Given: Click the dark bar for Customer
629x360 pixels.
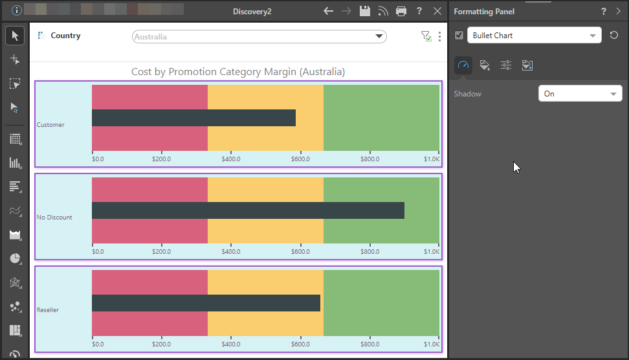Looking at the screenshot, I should [193, 118].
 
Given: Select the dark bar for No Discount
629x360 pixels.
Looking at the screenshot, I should [248, 210].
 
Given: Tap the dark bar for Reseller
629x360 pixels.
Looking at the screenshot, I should [206, 303].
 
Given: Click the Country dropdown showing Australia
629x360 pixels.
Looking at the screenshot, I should [259, 37].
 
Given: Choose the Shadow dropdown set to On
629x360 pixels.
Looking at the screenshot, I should [580, 94].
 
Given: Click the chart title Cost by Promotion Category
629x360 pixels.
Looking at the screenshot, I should [238, 72].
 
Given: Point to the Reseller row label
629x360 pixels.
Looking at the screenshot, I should [48, 310].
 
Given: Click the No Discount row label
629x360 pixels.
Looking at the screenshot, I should [54, 218].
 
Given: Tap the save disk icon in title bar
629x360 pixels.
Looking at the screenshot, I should [365, 11].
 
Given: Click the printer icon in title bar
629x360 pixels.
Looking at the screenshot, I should [401, 11].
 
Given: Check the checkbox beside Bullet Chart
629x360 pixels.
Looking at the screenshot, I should [459, 36].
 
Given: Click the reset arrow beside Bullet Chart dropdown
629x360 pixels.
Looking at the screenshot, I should [614, 36].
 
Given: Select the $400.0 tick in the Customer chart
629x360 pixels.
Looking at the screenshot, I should [231, 159].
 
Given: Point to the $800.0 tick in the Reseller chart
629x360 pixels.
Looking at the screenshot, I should [370, 344].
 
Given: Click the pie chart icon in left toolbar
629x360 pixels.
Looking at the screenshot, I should [15, 258].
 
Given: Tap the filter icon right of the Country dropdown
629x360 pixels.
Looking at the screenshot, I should [426, 37].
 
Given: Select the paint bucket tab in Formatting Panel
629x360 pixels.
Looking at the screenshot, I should [484, 65].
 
